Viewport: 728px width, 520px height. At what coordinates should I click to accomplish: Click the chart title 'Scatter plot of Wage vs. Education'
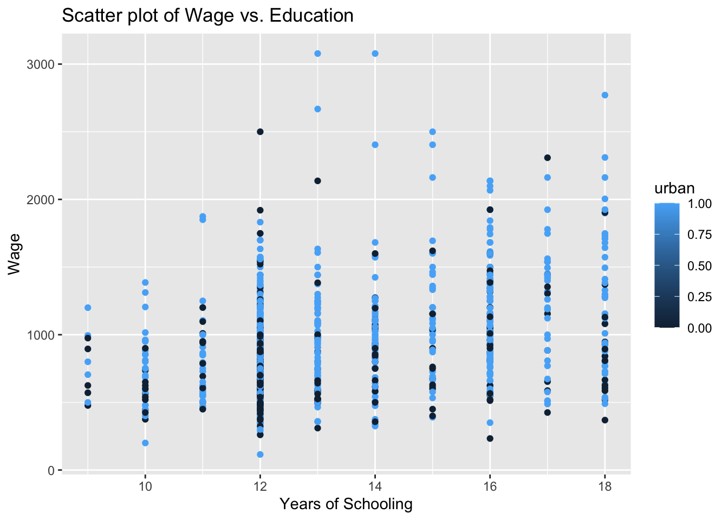tap(207, 15)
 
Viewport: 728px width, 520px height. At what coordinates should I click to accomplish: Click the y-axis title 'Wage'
tap(15, 253)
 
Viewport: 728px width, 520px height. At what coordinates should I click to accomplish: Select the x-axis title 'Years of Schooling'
tap(346, 504)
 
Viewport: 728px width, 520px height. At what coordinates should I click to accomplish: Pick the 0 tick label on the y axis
tap(51, 470)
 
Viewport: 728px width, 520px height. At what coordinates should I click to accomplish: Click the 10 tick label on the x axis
tap(145, 486)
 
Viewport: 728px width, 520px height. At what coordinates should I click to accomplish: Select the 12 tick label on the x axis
tap(260, 486)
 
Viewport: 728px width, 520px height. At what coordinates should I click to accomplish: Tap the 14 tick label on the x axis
tap(375, 486)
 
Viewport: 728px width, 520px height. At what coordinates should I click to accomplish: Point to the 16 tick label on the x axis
tap(490, 486)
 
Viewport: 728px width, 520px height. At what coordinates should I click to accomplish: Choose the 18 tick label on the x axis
tap(605, 486)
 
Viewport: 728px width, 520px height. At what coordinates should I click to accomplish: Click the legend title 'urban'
tap(674, 188)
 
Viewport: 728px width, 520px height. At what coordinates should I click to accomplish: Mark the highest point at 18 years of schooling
tap(605, 95)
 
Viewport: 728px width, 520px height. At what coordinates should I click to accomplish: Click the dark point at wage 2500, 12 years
tap(260, 132)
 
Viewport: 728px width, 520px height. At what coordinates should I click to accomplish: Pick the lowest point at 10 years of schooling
tap(145, 443)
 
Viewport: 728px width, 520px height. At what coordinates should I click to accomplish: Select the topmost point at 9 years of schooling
tap(88, 308)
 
